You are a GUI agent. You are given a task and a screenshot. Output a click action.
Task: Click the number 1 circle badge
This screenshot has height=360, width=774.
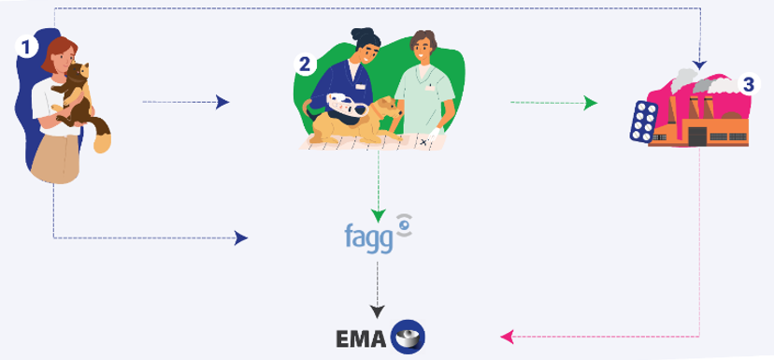point(31,44)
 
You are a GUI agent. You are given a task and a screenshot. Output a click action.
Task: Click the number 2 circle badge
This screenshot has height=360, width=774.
point(305,64)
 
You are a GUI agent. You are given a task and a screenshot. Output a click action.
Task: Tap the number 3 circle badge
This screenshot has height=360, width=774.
point(746,83)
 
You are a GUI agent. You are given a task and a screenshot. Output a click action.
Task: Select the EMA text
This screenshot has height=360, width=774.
point(362,334)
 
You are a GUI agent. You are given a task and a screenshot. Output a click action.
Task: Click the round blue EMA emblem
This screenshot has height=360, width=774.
point(408,334)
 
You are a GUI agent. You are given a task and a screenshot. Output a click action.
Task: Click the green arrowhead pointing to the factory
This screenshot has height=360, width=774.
point(590,102)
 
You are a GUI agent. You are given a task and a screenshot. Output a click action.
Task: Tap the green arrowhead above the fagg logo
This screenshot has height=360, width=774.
point(378,214)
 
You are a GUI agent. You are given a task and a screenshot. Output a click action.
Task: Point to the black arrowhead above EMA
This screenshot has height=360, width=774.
point(378,309)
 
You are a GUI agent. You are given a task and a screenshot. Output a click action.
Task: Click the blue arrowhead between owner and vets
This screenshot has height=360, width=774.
point(222,102)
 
